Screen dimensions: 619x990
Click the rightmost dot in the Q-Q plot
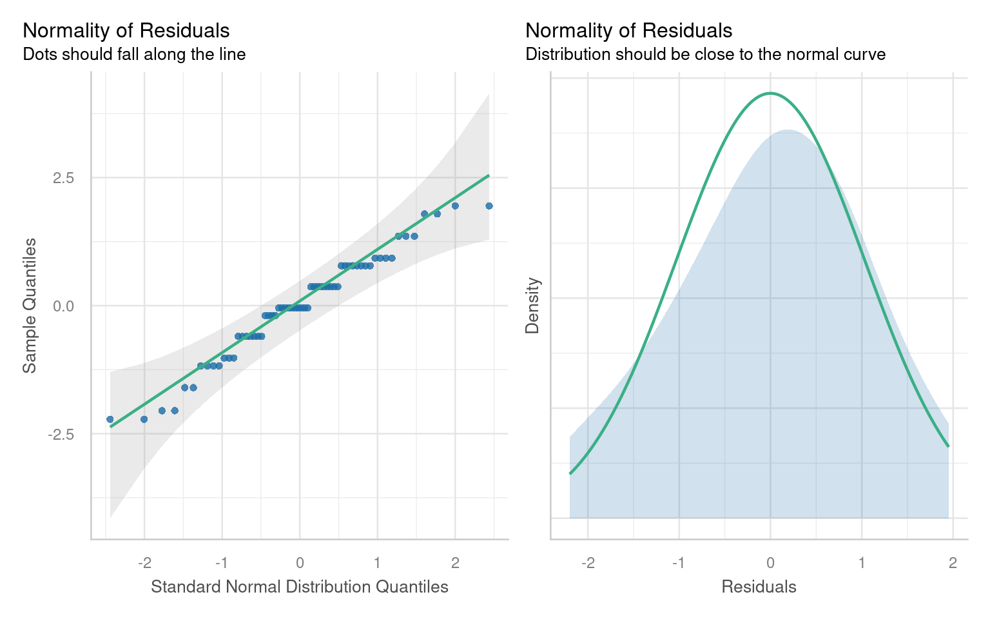(489, 206)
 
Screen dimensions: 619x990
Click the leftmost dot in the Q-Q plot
(110, 419)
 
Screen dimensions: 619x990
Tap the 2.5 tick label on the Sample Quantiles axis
(63, 177)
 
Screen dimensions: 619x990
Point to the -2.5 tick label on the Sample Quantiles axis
(61, 434)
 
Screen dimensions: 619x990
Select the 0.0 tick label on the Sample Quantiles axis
(63, 306)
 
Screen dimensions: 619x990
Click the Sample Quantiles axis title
(30, 306)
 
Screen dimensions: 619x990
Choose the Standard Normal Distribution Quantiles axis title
(299, 587)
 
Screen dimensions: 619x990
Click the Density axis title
(532, 306)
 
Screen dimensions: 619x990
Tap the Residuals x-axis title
(759, 587)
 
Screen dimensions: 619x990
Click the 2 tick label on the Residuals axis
(953, 563)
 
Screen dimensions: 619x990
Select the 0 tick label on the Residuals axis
(770, 563)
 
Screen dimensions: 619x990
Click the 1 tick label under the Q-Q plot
(377, 563)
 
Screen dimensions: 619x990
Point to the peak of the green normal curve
(770, 93)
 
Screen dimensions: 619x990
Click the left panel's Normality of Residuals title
(126, 30)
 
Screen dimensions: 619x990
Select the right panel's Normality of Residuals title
(629, 30)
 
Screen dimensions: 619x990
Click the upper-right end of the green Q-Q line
(489, 175)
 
